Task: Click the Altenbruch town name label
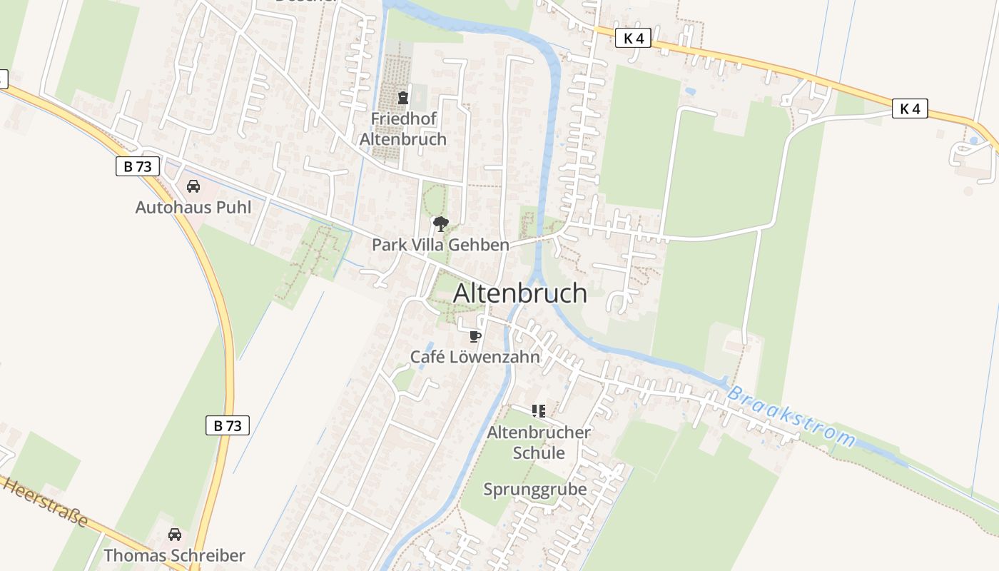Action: pyautogui.click(x=519, y=293)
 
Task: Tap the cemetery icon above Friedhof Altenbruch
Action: pyautogui.click(x=403, y=98)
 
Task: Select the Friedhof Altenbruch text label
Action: pyautogui.click(x=403, y=128)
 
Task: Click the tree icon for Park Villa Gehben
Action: pyautogui.click(x=441, y=224)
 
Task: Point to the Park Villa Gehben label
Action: pyautogui.click(x=440, y=245)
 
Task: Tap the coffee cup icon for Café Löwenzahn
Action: pyautogui.click(x=475, y=336)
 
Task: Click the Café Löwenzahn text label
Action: pyautogui.click(x=475, y=357)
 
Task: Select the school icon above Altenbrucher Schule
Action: pyautogui.click(x=539, y=411)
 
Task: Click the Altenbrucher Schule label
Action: pyautogui.click(x=539, y=443)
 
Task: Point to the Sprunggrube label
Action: pyautogui.click(x=535, y=490)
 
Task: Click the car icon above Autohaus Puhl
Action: pyautogui.click(x=193, y=186)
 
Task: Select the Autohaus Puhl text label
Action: pyautogui.click(x=193, y=208)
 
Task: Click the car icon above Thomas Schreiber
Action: pyautogui.click(x=174, y=534)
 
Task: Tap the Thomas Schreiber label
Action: pyautogui.click(x=174, y=555)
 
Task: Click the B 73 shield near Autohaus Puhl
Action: pyautogui.click(x=137, y=166)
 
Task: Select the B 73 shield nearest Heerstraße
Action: pyautogui.click(x=228, y=425)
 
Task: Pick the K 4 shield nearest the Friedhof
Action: pyautogui.click(x=634, y=38)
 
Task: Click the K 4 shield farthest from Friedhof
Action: pyautogui.click(x=910, y=108)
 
